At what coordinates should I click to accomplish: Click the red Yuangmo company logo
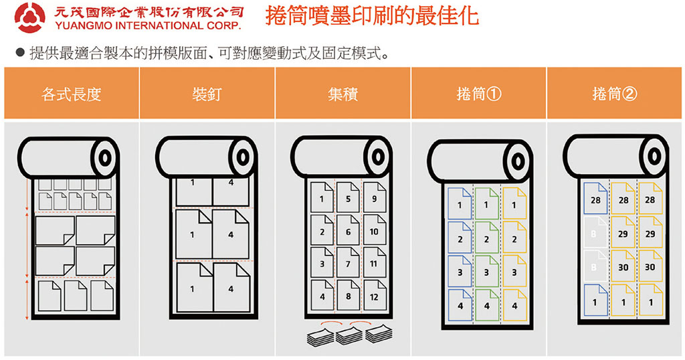click(29, 18)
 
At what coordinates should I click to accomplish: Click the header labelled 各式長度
click(72, 94)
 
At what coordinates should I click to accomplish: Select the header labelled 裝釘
click(207, 94)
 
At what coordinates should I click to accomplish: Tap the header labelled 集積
click(343, 94)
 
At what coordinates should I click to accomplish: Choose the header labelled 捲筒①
click(479, 94)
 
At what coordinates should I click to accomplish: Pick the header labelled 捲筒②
click(614, 94)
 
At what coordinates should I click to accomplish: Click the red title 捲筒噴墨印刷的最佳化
click(372, 16)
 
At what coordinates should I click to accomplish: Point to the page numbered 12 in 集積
click(375, 295)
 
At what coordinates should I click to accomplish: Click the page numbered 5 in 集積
click(348, 197)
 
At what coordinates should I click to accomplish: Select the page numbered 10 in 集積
click(375, 230)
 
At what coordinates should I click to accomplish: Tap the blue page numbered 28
click(595, 199)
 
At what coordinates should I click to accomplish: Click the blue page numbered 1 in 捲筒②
click(595, 300)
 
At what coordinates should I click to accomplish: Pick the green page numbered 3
click(487, 271)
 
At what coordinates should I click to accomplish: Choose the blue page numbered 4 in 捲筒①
click(460, 305)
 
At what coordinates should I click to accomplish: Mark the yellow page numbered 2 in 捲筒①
click(514, 238)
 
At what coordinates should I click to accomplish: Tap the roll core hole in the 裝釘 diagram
click(243, 157)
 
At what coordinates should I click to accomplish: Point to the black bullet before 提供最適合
click(20, 53)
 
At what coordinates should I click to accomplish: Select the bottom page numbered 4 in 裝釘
click(231, 288)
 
